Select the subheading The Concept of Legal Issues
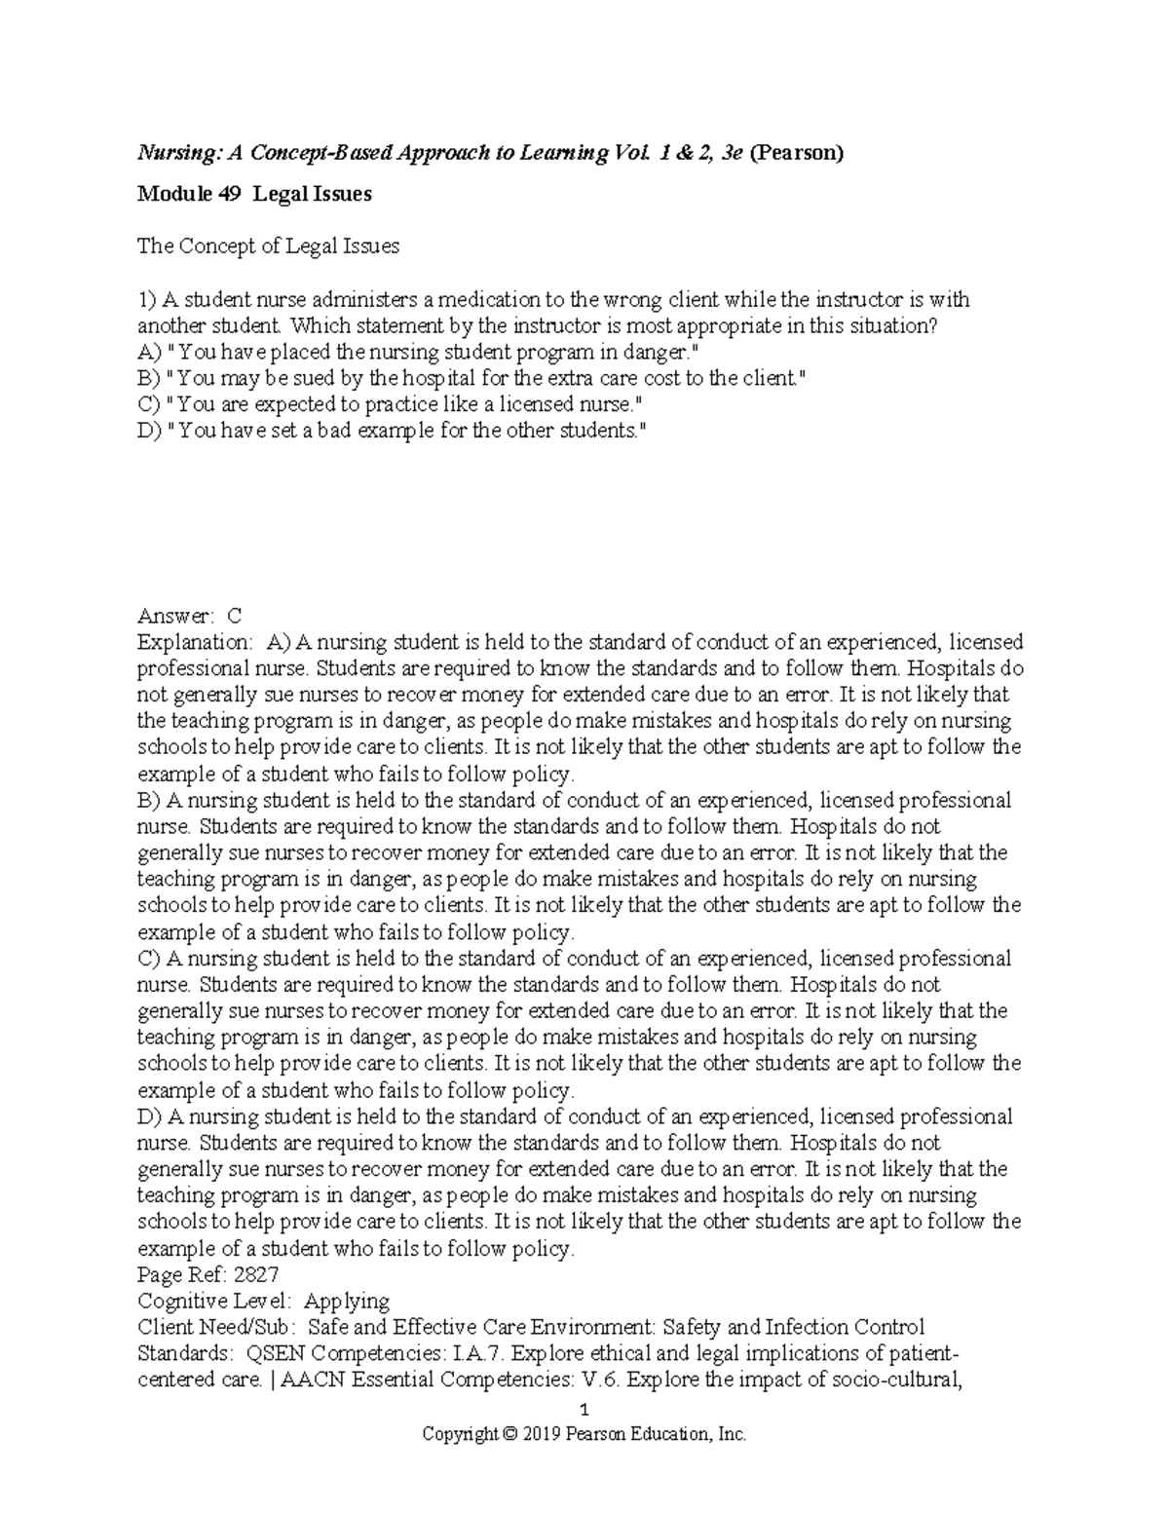268,246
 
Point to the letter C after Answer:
233,616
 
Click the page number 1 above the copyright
584,1410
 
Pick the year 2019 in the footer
544,1434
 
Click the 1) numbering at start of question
146,299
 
